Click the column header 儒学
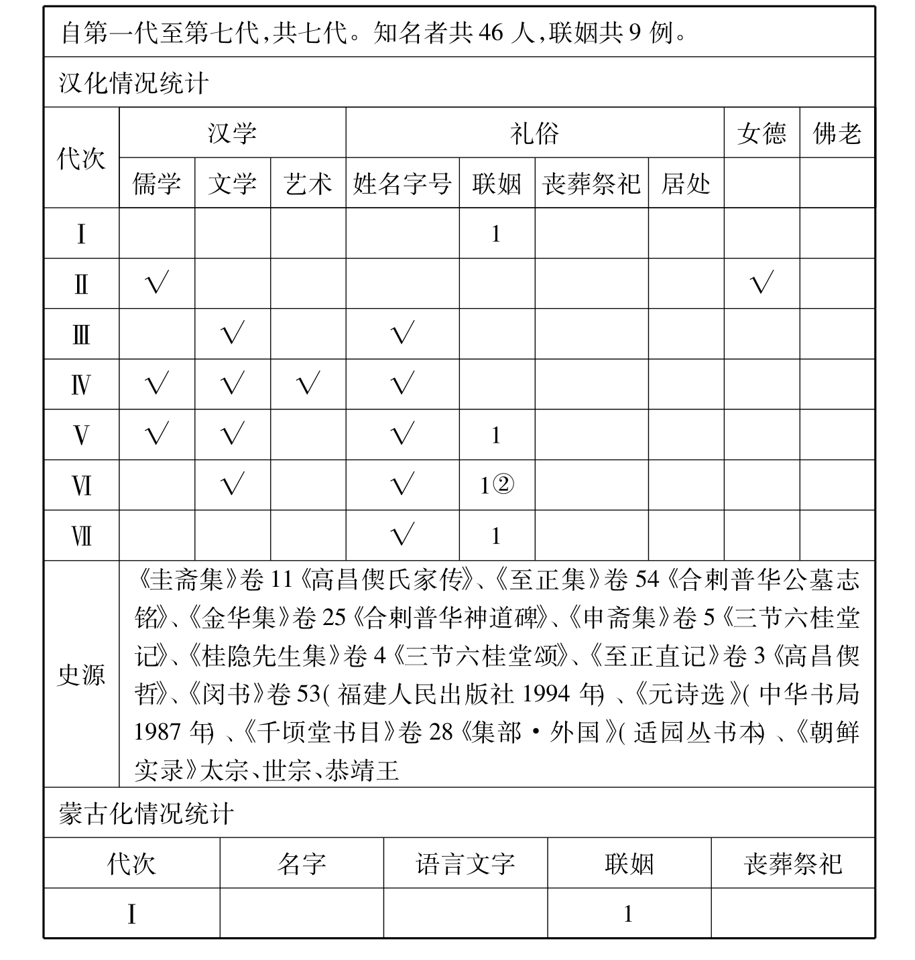tap(157, 184)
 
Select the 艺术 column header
tap(308, 184)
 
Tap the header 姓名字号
tap(402, 184)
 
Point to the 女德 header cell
tap(761, 133)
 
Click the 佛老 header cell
tap(837, 133)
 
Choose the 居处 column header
tap(686, 184)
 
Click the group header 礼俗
tap(534, 133)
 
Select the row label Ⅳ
tap(81, 385)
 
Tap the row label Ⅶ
tap(81, 536)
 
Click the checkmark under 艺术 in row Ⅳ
tap(308, 384)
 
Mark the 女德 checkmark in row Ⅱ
tap(761, 283)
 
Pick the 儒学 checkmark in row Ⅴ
tap(157, 434)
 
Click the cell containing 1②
tap(497, 485)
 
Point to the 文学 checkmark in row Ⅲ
tap(232, 334)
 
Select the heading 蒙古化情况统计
tap(146, 814)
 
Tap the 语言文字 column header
tap(465, 864)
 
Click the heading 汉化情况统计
tap(133, 83)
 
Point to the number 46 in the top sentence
tap(491, 33)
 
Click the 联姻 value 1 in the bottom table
tap(628, 914)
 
